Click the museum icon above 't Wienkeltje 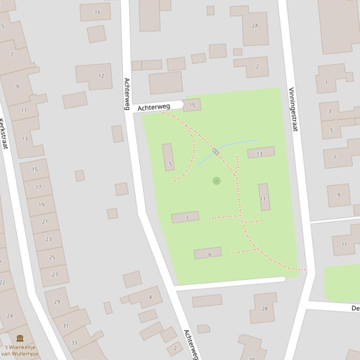[x=20, y=338]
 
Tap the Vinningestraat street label [x=293, y=109]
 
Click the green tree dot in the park [x=216, y=180]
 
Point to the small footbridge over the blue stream [x=216, y=151]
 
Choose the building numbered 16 [x=97, y=12]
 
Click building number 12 [x=100, y=76]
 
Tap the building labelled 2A [x=255, y=26]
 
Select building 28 [x=264, y=309]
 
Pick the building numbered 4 [x=150, y=297]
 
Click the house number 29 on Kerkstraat [x=57, y=302]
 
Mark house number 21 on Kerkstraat [x=45, y=221]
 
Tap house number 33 [x=74, y=342]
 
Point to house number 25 [x=52, y=257]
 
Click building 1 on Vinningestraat [x=326, y=83]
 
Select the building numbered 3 [x=330, y=111]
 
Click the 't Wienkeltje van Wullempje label [x=20, y=350]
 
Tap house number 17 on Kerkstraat [x=38, y=187]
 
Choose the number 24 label [x=9, y=316]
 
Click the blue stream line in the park [x=239, y=142]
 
